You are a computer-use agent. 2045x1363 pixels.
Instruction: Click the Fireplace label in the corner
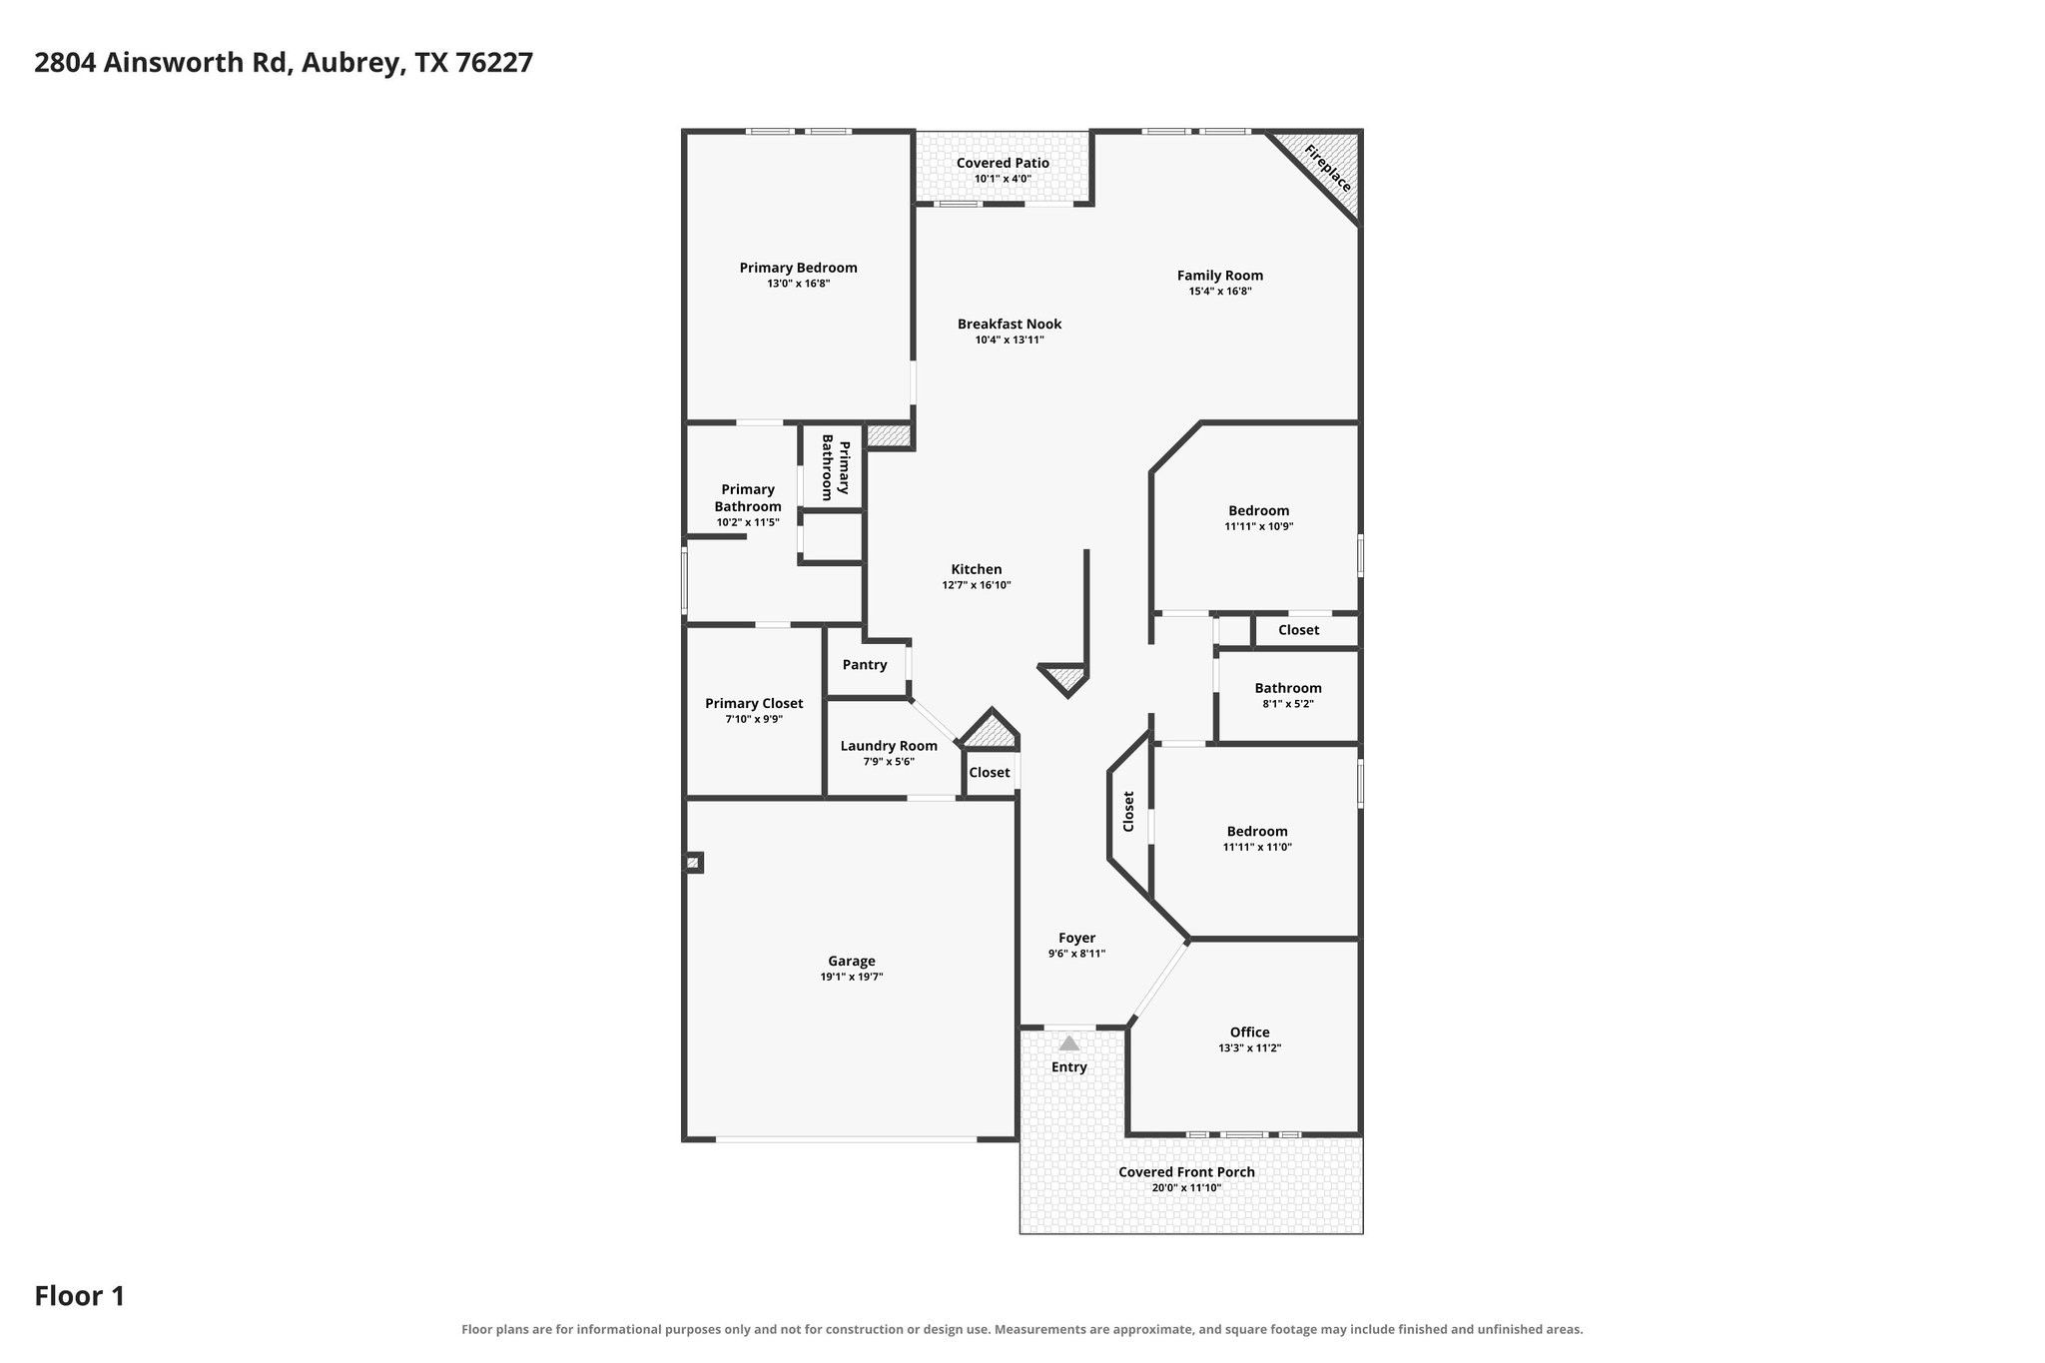(x=1327, y=169)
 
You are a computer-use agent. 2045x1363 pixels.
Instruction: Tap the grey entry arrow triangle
(x=1069, y=1043)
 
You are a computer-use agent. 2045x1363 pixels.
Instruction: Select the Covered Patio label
(x=1003, y=163)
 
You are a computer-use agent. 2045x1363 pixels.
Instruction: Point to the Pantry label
(x=865, y=665)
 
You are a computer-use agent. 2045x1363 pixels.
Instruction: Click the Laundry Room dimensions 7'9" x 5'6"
(x=889, y=762)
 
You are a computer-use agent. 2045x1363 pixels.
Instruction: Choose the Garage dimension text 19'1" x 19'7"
(x=852, y=977)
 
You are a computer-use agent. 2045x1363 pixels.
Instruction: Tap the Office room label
(x=1250, y=1032)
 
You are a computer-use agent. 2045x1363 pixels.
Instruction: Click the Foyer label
(x=1076, y=938)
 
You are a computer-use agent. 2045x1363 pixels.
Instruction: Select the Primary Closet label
(x=754, y=703)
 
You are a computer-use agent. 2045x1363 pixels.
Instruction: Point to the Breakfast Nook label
(x=1010, y=324)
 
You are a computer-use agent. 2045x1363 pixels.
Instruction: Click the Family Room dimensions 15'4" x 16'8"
(x=1220, y=292)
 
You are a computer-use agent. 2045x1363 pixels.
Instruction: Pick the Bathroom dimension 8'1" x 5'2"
(x=1288, y=704)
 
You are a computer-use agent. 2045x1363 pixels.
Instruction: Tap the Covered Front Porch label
(x=1186, y=1172)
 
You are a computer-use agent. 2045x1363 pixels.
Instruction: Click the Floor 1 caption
(x=80, y=1296)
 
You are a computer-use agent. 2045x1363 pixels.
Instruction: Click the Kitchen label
(x=977, y=569)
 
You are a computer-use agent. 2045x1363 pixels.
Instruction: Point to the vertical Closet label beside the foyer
(x=1128, y=812)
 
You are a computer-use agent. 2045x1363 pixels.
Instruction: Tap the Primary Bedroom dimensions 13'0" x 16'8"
(x=799, y=284)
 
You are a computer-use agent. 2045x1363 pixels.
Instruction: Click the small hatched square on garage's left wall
(x=693, y=862)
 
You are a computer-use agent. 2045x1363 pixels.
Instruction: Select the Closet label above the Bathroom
(x=1298, y=630)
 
